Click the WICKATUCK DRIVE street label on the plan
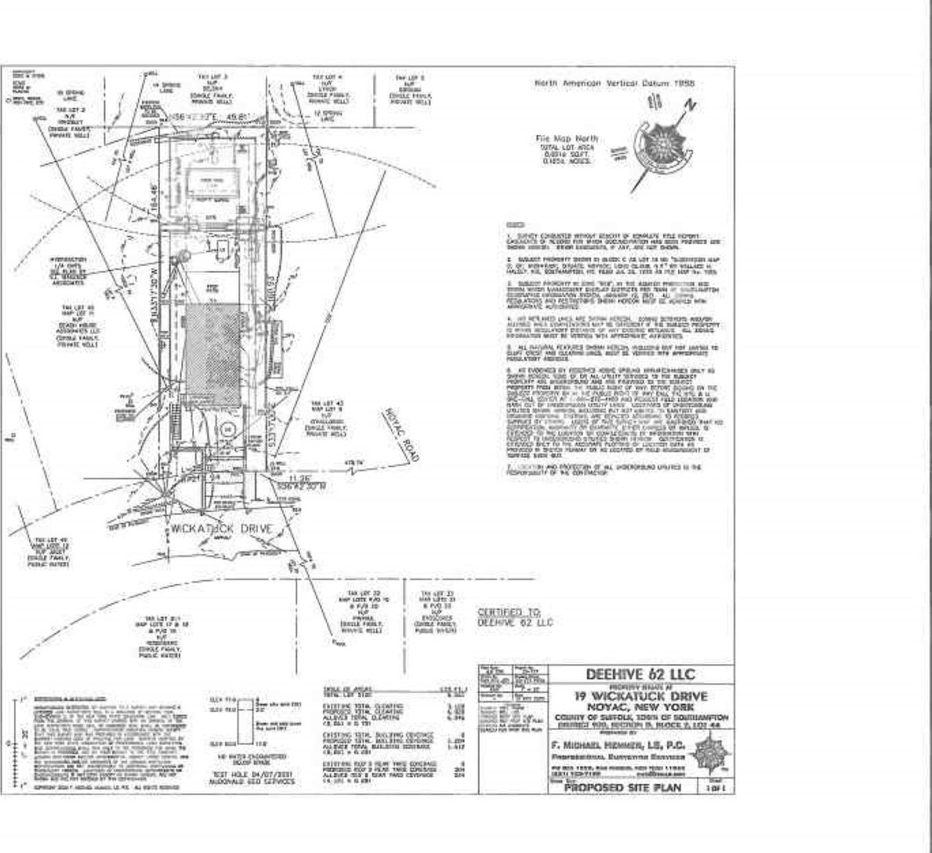(x=223, y=529)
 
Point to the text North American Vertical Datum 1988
(x=614, y=84)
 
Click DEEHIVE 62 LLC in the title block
(x=640, y=674)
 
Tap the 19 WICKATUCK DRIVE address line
(x=640, y=696)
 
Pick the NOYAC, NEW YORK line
(x=640, y=706)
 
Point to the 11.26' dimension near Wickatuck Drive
(x=300, y=477)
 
